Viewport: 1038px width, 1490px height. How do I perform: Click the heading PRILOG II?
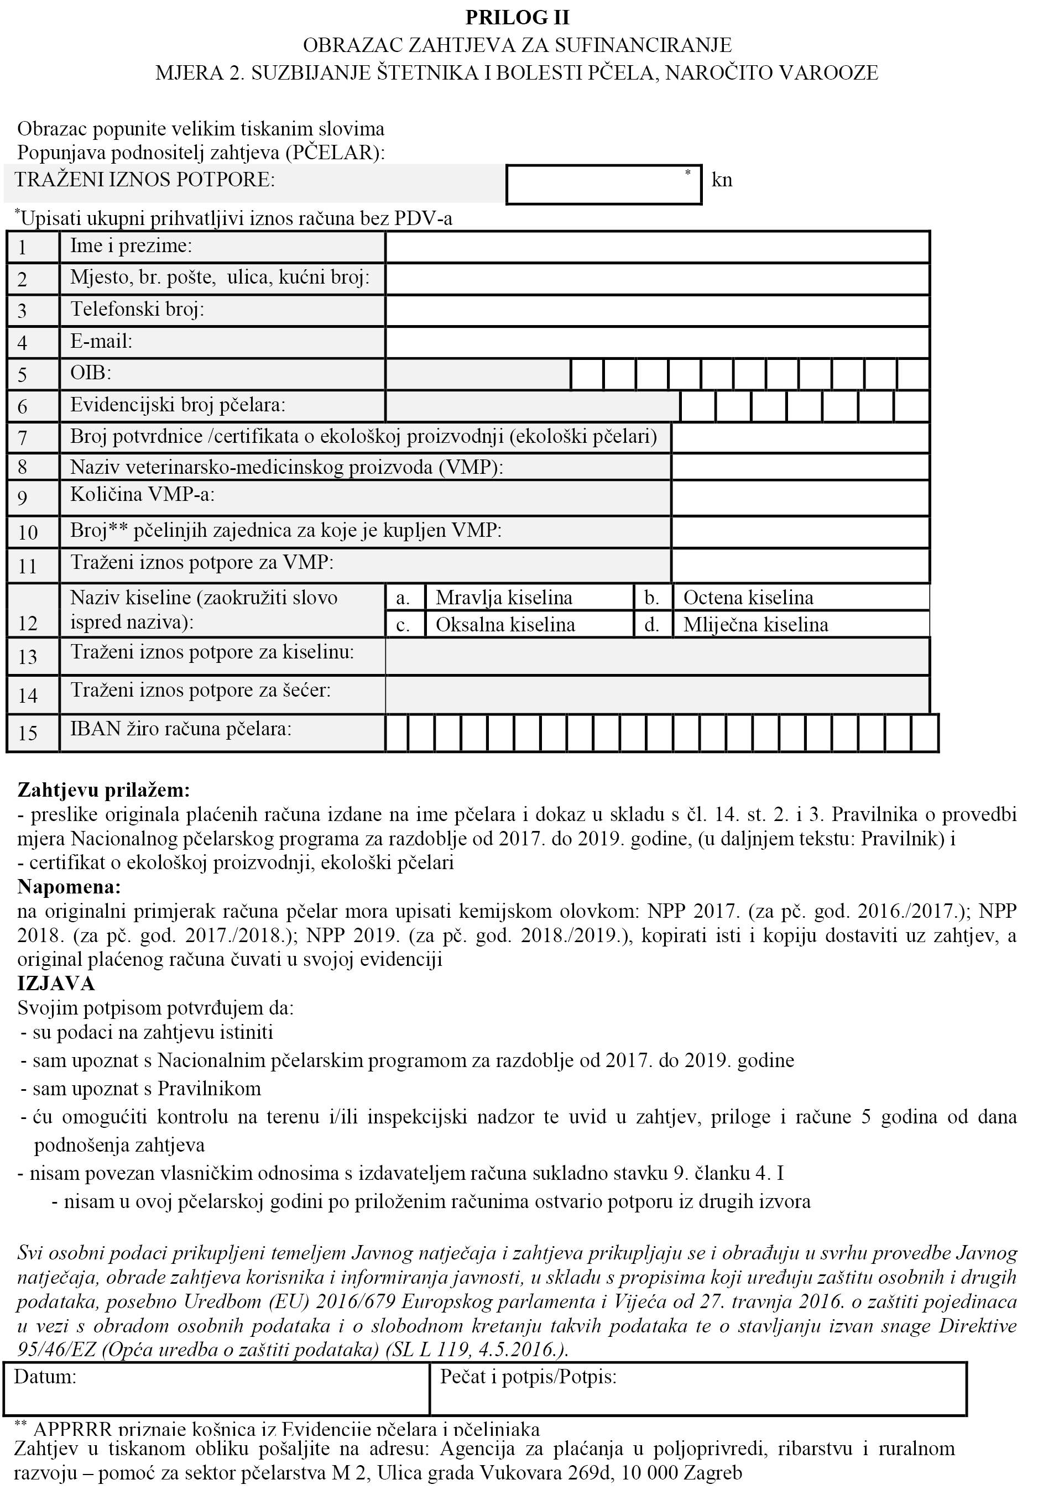518,18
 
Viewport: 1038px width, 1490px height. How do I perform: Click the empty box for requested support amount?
603,185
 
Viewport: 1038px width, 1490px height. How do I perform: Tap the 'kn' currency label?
722,180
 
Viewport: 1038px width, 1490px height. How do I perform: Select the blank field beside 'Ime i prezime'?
657,247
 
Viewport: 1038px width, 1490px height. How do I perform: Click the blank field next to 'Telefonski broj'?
657,311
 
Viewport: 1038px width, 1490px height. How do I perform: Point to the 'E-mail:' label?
101,341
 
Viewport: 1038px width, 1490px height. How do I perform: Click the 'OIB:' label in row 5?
90,373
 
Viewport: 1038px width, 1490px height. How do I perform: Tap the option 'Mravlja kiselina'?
504,597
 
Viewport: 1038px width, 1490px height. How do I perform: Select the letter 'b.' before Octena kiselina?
652,597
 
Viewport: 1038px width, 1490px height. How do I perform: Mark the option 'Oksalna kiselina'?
505,624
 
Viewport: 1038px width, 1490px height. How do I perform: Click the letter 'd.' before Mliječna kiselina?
652,624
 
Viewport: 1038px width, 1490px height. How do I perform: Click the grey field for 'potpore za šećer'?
657,694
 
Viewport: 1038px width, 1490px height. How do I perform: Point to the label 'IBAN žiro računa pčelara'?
180,729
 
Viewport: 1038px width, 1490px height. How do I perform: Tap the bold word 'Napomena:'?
69,886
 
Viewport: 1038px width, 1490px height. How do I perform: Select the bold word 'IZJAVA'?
56,983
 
